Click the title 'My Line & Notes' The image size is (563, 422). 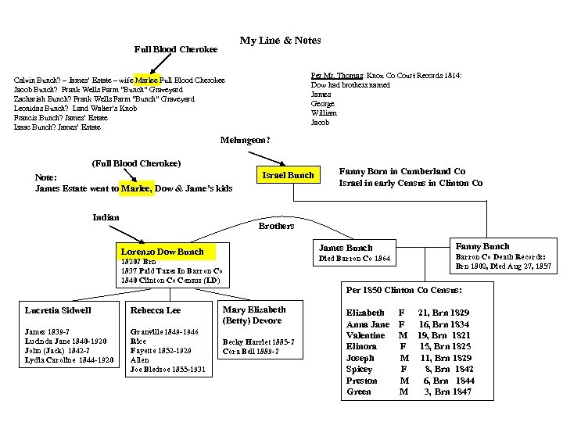coord(280,41)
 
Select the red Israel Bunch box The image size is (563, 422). coord(289,175)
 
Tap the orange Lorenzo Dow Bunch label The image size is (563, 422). coord(162,252)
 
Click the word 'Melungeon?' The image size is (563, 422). coord(246,141)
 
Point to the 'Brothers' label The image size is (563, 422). coord(276,226)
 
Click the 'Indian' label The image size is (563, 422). coord(106,217)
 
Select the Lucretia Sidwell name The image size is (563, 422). coord(59,310)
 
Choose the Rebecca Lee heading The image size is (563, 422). coord(156,310)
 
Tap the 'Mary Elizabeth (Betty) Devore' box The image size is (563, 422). coord(255,314)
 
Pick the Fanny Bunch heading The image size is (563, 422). coord(482,246)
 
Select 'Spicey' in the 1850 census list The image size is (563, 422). coord(360,369)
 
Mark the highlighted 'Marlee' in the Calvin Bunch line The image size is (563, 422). coord(147,80)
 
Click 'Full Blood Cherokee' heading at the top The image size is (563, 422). coord(176,50)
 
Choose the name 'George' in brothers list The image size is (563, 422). coord(323,104)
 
